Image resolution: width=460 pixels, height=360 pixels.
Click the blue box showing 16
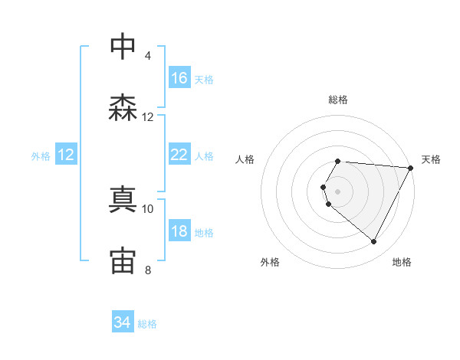(x=179, y=78)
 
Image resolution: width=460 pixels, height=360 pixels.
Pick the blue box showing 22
(x=179, y=155)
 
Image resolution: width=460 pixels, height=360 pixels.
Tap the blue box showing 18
(x=179, y=231)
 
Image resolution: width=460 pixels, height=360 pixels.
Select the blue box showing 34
(x=123, y=323)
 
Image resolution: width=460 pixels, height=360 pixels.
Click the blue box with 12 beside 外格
(x=66, y=155)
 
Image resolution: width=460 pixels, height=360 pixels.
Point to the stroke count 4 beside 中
(x=147, y=56)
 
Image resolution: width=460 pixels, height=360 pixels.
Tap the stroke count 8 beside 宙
(x=147, y=270)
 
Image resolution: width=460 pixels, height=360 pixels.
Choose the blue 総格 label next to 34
(x=147, y=324)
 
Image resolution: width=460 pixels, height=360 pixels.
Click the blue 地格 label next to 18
(x=204, y=232)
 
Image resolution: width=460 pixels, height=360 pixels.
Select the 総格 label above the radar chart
(x=338, y=100)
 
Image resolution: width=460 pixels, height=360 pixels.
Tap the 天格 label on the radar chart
(x=431, y=159)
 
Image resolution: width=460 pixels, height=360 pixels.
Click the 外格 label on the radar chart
(x=270, y=262)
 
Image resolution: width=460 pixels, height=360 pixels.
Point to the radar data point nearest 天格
(x=411, y=168)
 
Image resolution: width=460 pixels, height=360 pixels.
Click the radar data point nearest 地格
(x=374, y=242)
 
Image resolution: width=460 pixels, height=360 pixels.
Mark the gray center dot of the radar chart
(x=338, y=191)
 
